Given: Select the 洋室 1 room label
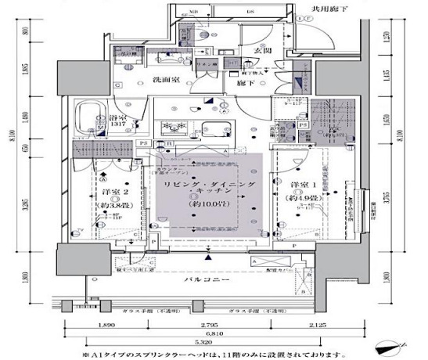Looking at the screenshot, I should (x=301, y=185).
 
